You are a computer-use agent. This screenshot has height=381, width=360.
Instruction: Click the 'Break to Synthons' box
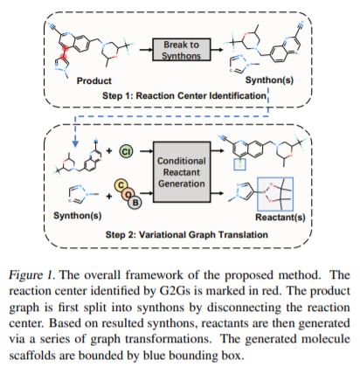pyautogui.click(x=181, y=50)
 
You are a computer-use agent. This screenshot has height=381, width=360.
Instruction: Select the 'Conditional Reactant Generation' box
pyautogui.click(x=182, y=172)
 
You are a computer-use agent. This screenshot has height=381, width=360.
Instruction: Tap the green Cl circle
pyautogui.click(x=126, y=151)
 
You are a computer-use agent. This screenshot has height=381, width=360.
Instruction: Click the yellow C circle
pyautogui.click(x=120, y=185)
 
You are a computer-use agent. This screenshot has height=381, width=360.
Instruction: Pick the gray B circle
pyautogui.click(x=135, y=202)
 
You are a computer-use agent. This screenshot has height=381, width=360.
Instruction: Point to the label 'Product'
pyautogui.click(x=93, y=80)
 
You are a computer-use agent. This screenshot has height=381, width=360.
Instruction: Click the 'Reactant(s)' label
pyautogui.click(x=280, y=217)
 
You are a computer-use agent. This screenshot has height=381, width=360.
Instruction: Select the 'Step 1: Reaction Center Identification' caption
pyautogui.click(x=184, y=95)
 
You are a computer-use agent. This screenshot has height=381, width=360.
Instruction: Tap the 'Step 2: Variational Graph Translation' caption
pyautogui.click(x=186, y=234)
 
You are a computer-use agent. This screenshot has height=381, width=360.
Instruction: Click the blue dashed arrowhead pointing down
pyautogui.click(x=75, y=142)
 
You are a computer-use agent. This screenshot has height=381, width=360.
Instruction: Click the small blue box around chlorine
pyautogui.click(x=240, y=164)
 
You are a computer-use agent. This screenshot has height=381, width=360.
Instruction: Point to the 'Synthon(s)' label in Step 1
pyautogui.click(x=269, y=80)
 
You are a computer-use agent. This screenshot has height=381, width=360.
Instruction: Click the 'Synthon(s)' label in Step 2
pyautogui.click(x=78, y=216)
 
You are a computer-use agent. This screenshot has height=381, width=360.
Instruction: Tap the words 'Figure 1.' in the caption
pyautogui.click(x=32, y=275)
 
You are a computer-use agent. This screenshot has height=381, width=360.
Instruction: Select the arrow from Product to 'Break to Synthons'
pyautogui.click(x=146, y=50)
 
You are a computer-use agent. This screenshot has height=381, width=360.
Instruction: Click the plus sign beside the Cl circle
pyautogui.click(x=109, y=150)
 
